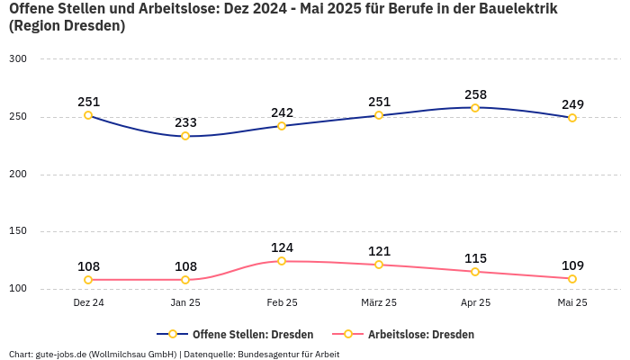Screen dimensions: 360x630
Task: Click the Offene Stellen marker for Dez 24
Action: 88,115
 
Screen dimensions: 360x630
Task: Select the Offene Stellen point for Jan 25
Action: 185,136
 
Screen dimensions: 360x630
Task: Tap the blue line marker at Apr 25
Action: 475,108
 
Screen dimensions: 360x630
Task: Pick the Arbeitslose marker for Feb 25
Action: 282,261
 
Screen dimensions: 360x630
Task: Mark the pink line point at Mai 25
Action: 572,278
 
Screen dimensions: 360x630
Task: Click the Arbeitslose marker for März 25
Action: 379,265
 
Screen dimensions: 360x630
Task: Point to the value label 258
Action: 475,94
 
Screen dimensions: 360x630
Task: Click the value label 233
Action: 185,122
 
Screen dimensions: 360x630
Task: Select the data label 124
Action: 282,247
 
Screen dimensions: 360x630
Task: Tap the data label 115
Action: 475,257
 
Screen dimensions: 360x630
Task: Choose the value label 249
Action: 572,104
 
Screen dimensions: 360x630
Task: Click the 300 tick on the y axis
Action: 18,59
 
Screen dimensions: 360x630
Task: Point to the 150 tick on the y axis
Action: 18,231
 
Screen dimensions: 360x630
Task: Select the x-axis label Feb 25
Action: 282,303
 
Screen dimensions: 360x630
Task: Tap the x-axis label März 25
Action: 379,303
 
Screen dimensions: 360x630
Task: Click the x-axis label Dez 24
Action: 88,303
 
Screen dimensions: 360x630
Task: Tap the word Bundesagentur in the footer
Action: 270,354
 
